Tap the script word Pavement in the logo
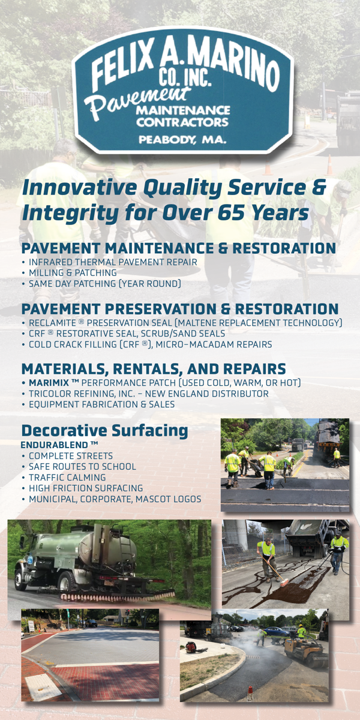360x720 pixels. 137,101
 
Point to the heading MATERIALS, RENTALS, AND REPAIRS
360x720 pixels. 154,368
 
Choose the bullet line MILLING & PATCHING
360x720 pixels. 73,272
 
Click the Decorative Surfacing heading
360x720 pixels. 105,431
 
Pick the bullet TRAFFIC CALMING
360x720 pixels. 67,478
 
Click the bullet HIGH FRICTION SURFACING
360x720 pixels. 86,488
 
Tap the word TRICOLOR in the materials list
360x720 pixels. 49,394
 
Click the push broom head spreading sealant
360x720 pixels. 287,583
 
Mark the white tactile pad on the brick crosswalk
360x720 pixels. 43,686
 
